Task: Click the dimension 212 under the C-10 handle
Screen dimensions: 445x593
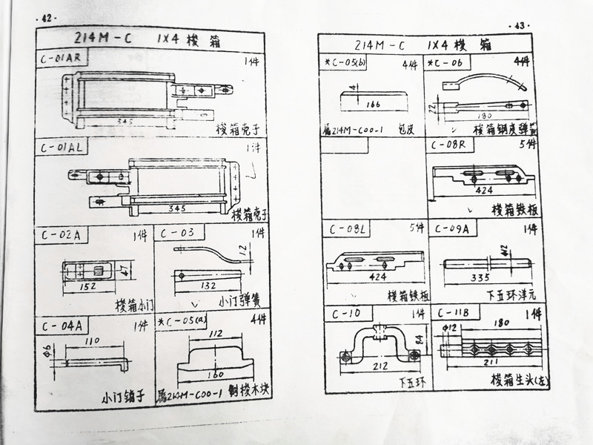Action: [x=380, y=365]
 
